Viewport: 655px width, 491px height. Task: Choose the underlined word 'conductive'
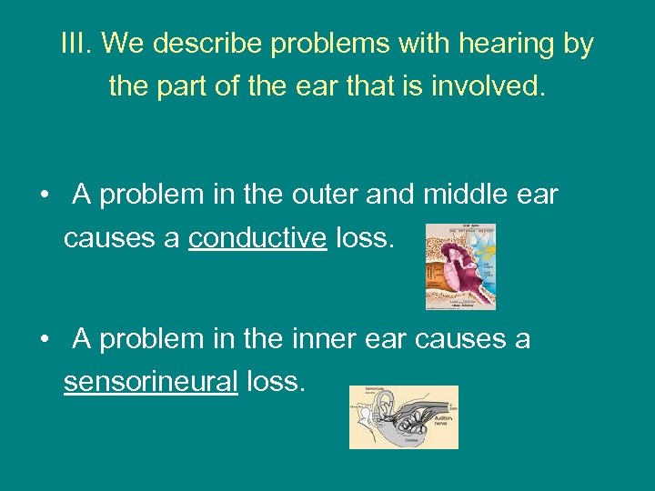(257, 238)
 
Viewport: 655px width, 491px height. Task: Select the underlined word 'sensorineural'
(150, 382)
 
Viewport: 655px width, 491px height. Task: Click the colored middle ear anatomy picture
(460, 266)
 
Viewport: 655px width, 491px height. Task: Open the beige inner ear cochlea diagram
(404, 416)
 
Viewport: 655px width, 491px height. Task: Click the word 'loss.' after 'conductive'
(366, 238)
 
